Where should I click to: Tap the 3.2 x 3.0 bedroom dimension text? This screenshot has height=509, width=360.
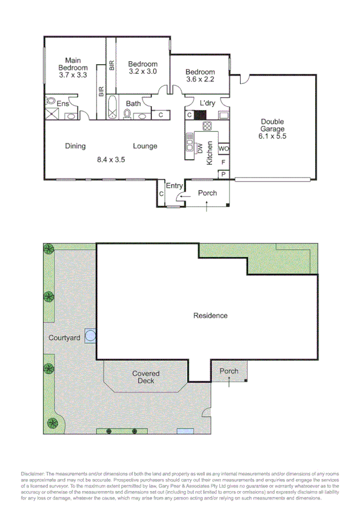[143, 71]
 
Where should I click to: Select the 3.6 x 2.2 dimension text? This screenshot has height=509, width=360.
[199, 79]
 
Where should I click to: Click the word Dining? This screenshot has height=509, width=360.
[75, 146]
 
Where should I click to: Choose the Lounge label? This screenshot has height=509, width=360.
[145, 146]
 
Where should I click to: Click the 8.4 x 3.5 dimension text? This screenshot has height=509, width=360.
[111, 160]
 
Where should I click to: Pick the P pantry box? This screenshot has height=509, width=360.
[223, 174]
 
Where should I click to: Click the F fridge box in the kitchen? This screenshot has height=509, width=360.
[223, 162]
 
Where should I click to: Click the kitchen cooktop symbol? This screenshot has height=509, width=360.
[208, 126]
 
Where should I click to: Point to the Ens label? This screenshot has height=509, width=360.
[63, 104]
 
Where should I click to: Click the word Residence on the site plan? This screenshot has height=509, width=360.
[210, 315]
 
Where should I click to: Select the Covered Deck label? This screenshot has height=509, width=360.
[143, 377]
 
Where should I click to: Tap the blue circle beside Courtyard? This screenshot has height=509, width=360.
[90, 336]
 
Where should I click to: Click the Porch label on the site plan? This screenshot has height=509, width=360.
[229, 371]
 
